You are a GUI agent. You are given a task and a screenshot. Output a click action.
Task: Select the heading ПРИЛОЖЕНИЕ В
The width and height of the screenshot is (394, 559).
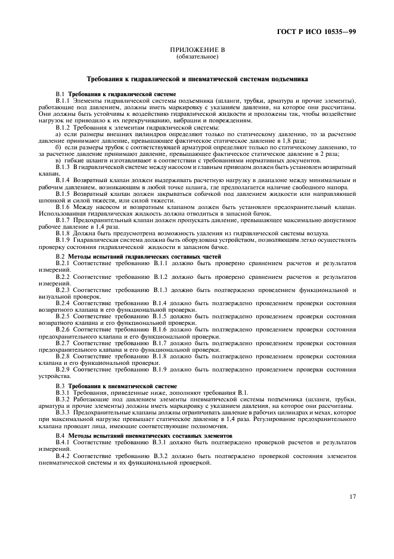pos(197,51)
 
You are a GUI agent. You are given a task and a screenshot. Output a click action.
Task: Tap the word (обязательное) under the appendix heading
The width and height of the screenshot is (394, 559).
pos(197,57)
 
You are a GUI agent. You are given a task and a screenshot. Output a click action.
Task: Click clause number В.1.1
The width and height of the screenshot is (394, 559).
pos(63,100)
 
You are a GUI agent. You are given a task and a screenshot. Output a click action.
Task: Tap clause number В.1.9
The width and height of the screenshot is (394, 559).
pos(63,239)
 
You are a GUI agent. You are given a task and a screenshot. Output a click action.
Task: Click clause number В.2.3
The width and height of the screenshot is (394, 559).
pos(63,290)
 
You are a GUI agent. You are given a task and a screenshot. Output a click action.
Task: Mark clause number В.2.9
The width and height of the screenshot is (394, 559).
pos(63,370)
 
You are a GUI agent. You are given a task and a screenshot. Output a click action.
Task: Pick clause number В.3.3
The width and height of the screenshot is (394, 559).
pos(63,413)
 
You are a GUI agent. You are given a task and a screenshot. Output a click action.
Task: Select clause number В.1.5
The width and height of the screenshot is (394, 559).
pos(63,193)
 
